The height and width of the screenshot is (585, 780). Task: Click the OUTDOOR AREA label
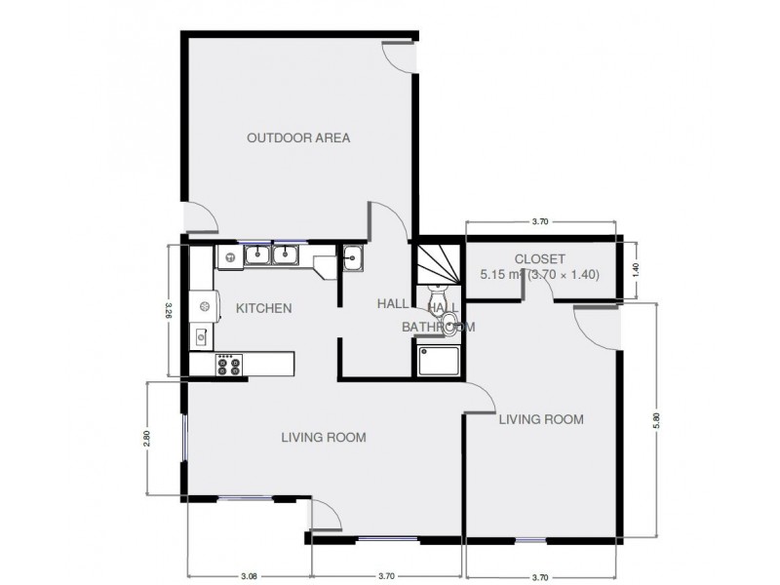pyautogui.click(x=297, y=137)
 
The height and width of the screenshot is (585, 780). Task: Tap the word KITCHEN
pyautogui.click(x=263, y=308)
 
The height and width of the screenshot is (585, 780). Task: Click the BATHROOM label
pyautogui.click(x=439, y=328)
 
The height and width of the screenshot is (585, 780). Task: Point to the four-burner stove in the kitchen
pyautogui.click(x=230, y=365)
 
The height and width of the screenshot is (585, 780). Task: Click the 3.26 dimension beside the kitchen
pyautogui.click(x=167, y=310)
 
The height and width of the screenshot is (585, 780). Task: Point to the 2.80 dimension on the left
pyautogui.click(x=146, y=438)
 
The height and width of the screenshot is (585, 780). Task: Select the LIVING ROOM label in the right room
pyautogui.click(x=541, y=419)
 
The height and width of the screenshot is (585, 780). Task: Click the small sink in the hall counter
pyautogui.click(x=353, y=258)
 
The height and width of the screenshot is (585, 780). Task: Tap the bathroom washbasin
pyautogui.click(x=450, y=324)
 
